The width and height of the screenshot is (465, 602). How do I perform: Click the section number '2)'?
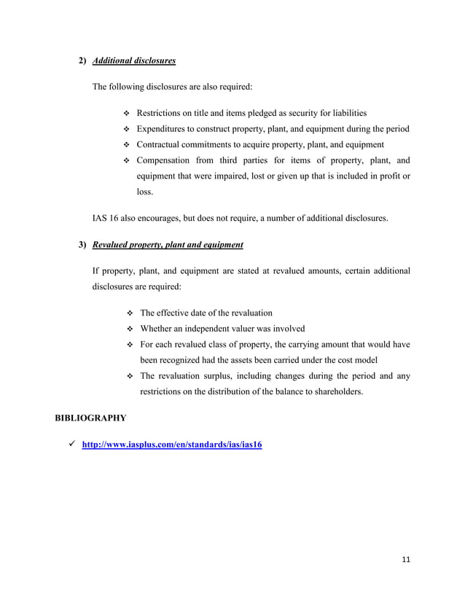(x=83, y=60)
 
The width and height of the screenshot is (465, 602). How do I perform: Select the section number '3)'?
(x=83, y=244)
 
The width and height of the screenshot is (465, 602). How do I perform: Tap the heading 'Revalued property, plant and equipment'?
(x=168, y=244)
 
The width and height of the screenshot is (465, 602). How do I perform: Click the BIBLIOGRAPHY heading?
(x=91, y=418)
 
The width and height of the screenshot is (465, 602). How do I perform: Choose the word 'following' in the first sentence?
(x=128, y=87)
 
